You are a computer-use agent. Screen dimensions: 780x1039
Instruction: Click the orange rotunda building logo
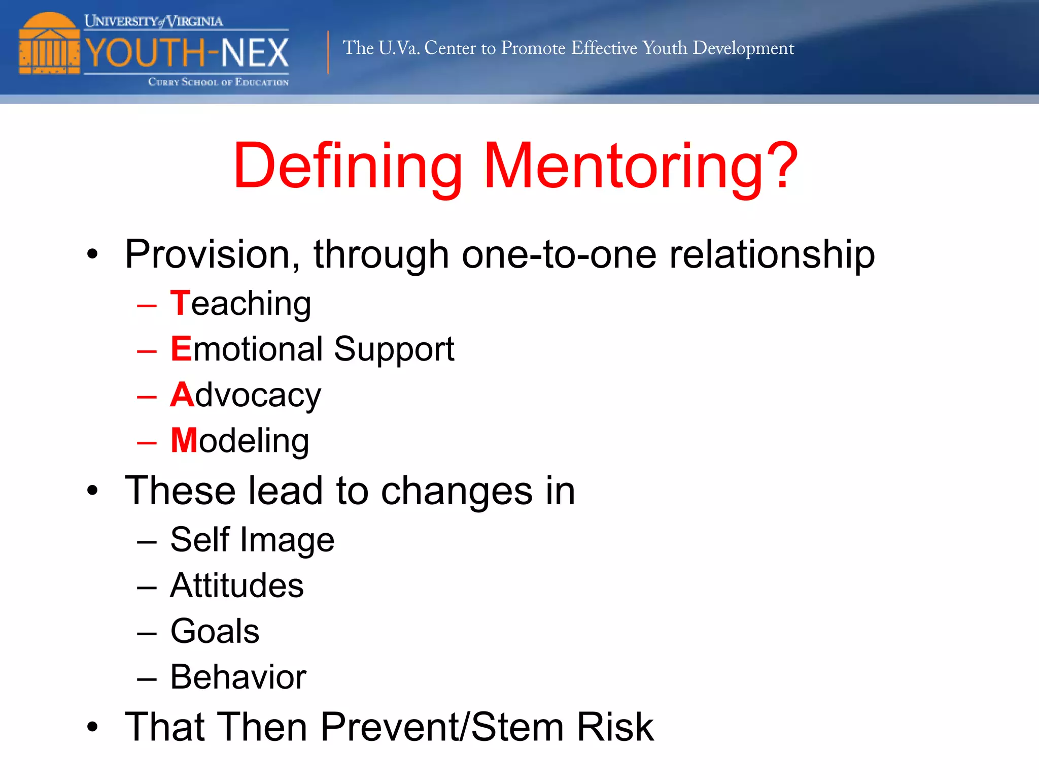[x=49, y=44]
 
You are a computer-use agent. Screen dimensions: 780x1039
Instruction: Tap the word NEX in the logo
[x=255, y=53]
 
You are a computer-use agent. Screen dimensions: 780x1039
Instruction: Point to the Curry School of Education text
[x=218, y=82]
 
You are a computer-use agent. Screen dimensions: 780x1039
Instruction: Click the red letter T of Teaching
[x=180, y=303]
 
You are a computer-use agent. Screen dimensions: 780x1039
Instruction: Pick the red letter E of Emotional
[x=181, y=349]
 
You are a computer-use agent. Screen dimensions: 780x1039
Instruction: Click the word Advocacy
[x=246, y=395]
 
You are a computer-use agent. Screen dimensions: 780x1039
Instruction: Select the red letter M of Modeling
[x=184, y=440]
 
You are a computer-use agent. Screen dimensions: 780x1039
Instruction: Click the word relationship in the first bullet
[x=772, y=254]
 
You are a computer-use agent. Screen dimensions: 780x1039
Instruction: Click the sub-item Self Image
[x=252, y=539]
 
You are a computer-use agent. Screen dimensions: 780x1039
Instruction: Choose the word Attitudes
[x=237, y=585]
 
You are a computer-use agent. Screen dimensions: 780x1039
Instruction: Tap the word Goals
[x=215, y=631]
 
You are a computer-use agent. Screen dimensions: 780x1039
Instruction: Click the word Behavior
[x=238, y=677]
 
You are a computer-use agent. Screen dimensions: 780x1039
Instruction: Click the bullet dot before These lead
[x=92, y=491]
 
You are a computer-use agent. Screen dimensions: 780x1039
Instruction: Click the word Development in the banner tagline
[x=743, y=48]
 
